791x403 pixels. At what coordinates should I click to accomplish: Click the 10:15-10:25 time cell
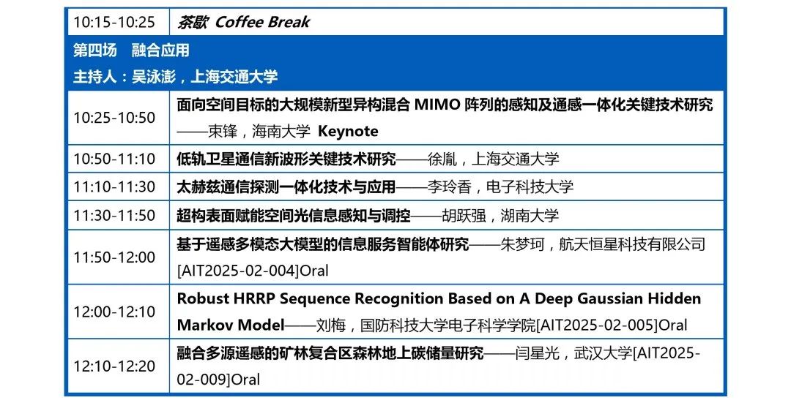[114, 22]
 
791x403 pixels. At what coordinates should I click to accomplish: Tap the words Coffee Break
[262, 22]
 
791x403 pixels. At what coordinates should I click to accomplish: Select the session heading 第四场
[94, 50]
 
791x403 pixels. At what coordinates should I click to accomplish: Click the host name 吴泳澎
[153, 77]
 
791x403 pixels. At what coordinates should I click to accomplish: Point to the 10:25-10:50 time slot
[114, 118]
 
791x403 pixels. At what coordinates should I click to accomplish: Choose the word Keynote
[348, 132]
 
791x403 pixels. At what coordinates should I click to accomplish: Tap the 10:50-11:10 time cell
[114, 159]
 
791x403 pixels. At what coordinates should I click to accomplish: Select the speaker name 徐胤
[442, 159]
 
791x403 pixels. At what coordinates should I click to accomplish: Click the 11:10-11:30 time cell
[114, 187]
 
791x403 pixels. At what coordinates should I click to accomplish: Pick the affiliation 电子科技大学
[530, 187]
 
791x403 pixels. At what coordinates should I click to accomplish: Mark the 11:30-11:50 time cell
[114, 216]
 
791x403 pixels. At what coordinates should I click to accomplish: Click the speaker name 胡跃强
[464, 216]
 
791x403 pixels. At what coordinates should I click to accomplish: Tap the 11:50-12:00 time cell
[114, 257]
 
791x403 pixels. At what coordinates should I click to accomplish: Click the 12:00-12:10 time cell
[114, 312]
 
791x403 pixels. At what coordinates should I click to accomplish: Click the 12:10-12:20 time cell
[114, 366]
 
